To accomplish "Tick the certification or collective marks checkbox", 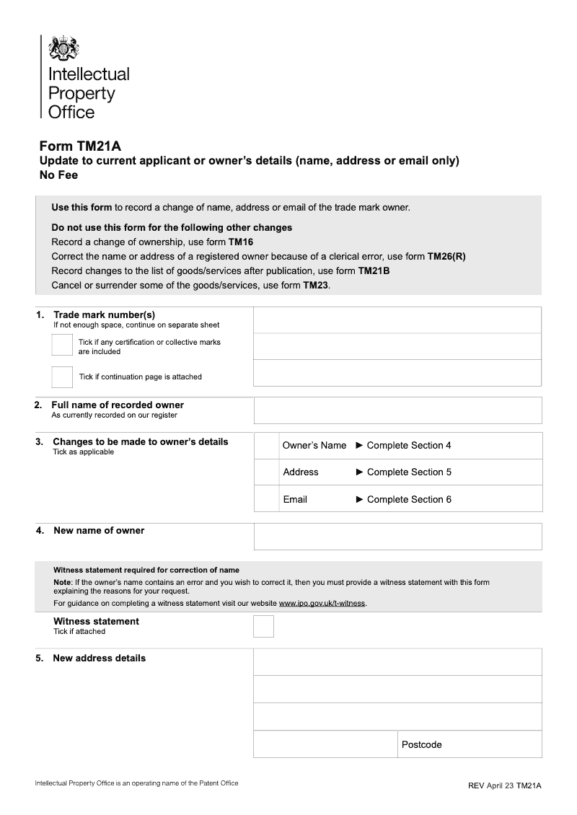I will pos(62,345).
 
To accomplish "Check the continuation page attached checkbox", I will pos(62,376).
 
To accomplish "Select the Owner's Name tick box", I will pos(266,446).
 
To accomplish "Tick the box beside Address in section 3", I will pos(266,472).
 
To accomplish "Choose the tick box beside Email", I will pos(266,499).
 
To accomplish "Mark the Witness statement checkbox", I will pos(263,626).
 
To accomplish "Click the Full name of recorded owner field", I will pos(397,410).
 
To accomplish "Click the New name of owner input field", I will pos(397,536).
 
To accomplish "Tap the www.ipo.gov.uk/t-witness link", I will pos(322,603).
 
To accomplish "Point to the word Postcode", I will pos(422,744).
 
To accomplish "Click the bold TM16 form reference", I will pos(241,242).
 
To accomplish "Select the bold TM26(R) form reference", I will pos(446,257).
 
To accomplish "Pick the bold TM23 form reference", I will pos(316,286).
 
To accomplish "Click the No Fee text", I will pos(58,175).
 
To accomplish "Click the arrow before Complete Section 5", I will pos(360,472).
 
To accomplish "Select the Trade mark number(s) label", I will pos(104,314).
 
